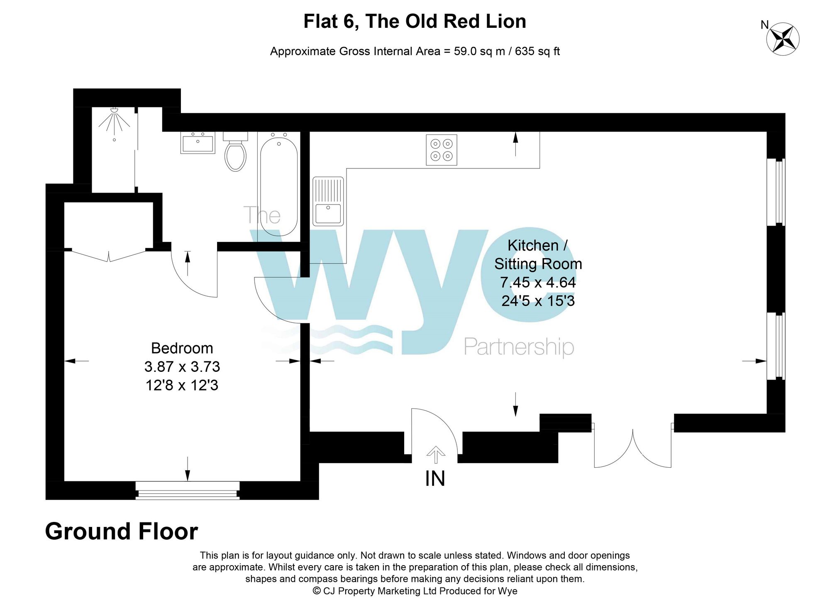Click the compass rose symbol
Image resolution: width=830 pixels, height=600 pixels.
(x=783, y=39)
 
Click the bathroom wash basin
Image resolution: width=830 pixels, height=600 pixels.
(x=198, y=143)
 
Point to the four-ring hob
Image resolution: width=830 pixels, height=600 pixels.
(x=441, y=150)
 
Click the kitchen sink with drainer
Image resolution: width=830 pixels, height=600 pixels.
(x=328, y=202)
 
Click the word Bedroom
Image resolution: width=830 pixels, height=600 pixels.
(x=182, y=348)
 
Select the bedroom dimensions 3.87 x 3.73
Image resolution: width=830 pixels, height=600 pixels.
(x=182, y=367)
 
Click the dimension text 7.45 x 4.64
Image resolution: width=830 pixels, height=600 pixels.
(x=538, y=283)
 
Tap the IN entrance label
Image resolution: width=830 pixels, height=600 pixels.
(x=435, y=479)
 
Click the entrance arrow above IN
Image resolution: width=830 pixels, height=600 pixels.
(x=435, y=454)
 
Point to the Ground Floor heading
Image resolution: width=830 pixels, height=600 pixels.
(x=121, y=532)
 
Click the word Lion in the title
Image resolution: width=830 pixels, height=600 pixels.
(x=506, y=22)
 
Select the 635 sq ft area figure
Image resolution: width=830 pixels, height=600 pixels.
(x=537, y=51)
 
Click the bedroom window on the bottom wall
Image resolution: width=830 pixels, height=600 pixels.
(x=188, y=490)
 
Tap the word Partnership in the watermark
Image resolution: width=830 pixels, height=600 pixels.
(x=519, y=347)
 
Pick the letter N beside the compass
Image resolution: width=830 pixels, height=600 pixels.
(x=764, y=25)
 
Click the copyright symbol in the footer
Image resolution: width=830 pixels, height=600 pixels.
(x=317, y=591)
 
